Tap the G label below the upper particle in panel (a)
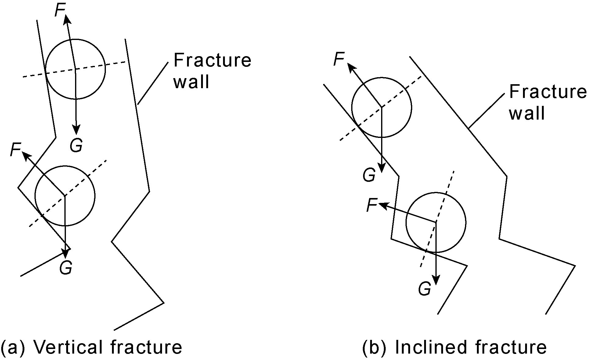(76, 146)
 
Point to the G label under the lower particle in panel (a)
(66, 268)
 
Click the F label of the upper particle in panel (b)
(339, 59)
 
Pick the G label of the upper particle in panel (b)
(369, 175)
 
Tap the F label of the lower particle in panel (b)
(372, 205)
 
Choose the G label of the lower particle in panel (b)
(424, 289)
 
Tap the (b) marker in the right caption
(374, 347)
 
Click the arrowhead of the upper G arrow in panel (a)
(76, 130)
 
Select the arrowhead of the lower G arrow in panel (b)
(436, 280)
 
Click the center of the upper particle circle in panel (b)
(381, 107)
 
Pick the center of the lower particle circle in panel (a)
(65, 196)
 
